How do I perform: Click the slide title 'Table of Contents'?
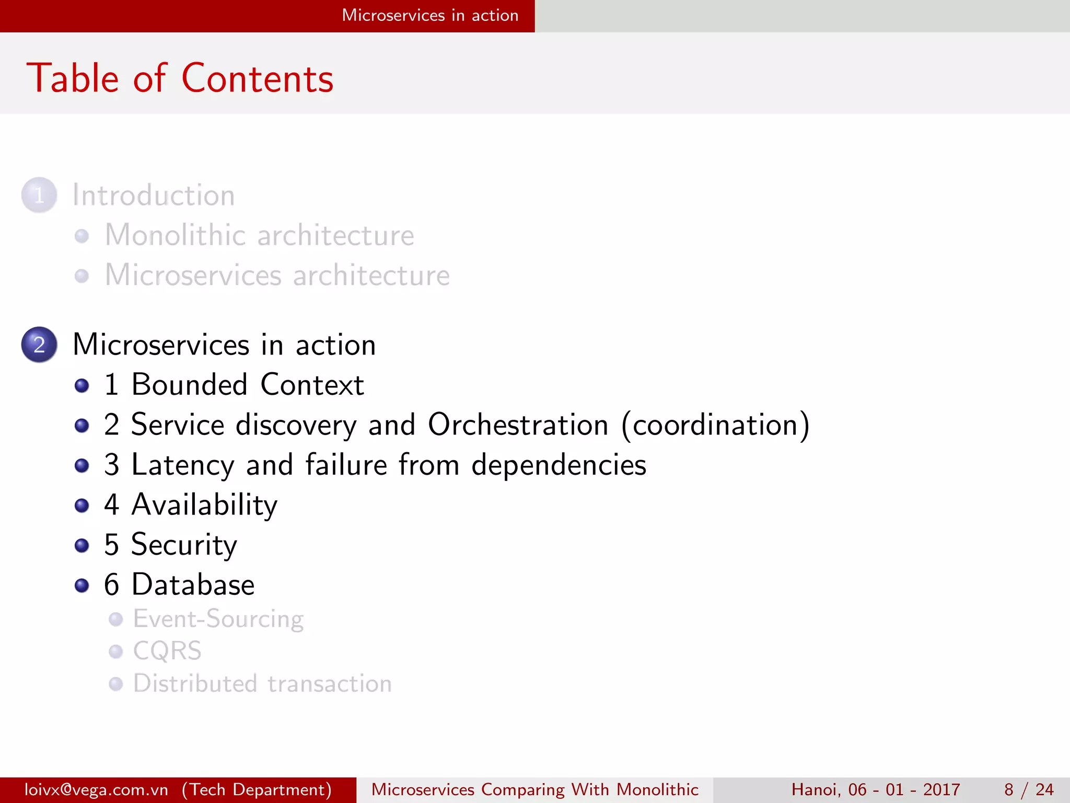point(180,78)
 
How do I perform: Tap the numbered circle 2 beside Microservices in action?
point(39,345)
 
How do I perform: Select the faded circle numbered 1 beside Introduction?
point(39,195)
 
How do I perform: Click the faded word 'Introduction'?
point(154,196)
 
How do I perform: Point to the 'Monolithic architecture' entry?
point(259,235)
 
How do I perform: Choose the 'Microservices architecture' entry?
point(277,276)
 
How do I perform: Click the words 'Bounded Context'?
point(248,385)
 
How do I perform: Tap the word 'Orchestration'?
point(518,425)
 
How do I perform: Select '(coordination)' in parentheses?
point(715,425)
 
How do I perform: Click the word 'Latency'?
point(183,465)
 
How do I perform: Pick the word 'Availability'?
point(204,505)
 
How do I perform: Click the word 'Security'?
point(184,545)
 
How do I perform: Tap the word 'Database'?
point(193,584)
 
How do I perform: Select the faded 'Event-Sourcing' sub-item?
point(218,620)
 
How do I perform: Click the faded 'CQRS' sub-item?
point(167,651)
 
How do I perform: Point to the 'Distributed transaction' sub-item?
point(262,684)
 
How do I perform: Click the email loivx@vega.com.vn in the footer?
point(97,789)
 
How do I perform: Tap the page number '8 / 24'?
point(1028,789)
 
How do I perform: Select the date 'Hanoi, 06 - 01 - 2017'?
point(876,789)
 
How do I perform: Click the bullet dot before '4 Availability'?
point(82,506)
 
